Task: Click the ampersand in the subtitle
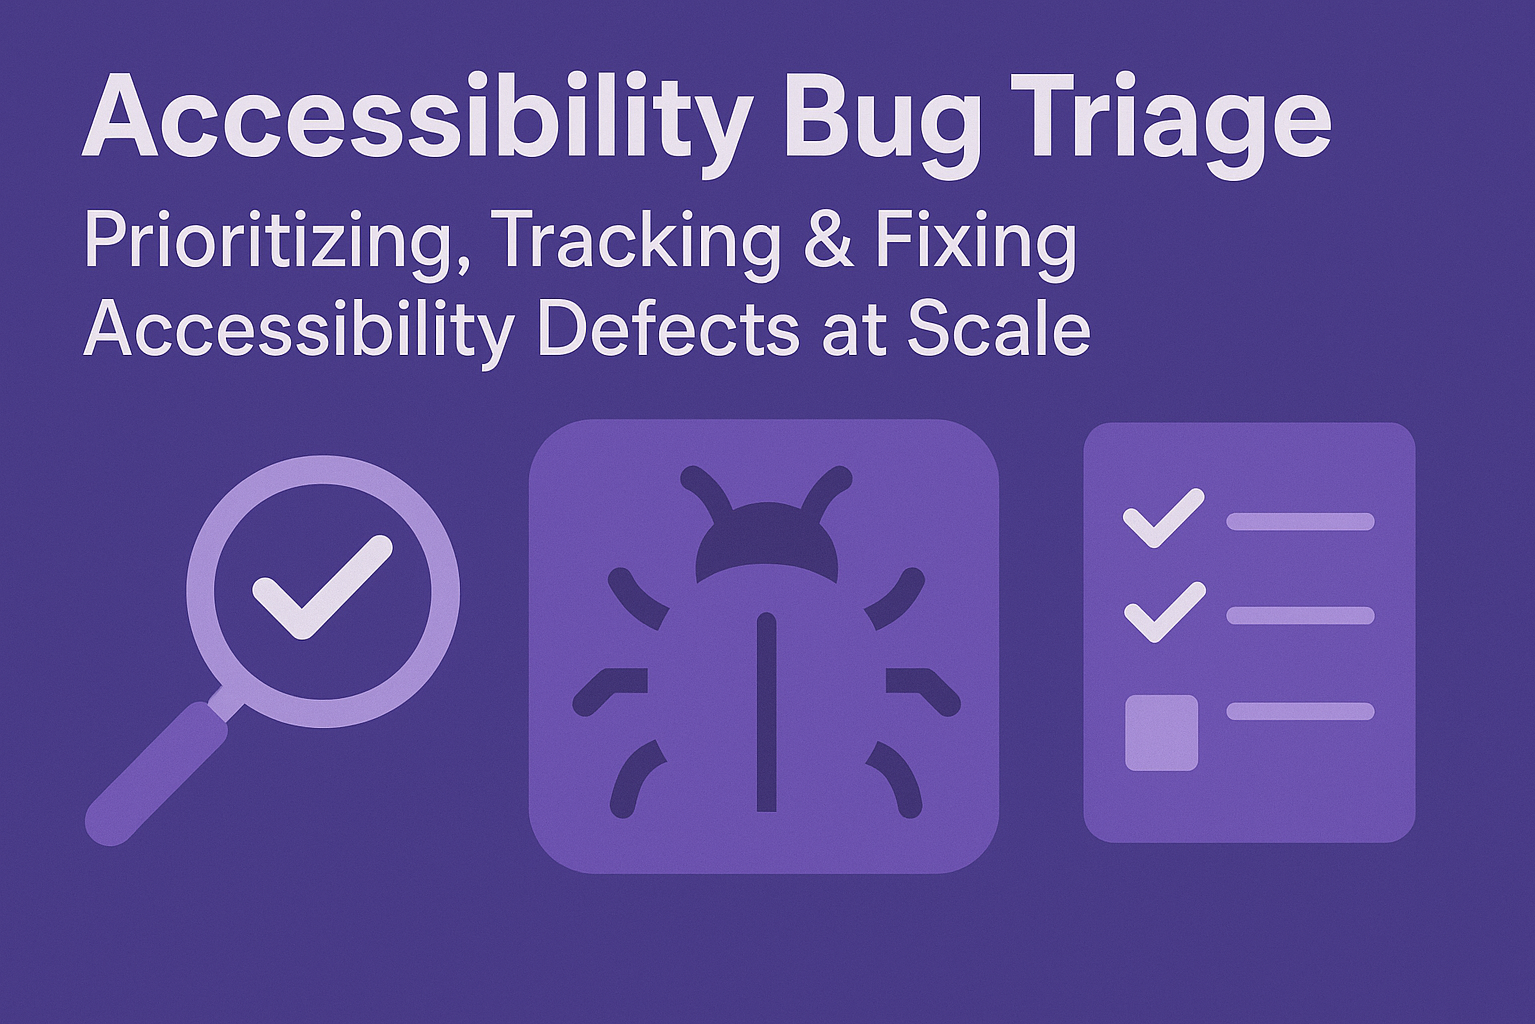(x=828, y=242)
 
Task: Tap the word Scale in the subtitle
(x=998, y=329)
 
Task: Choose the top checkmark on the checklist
(x=1163, y=518)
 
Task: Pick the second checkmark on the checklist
(x=1163, y=612)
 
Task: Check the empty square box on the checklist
(x=1161, y=732)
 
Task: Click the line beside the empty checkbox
(x=1300, y=711)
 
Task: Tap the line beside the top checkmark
(x=1300, y=521)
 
